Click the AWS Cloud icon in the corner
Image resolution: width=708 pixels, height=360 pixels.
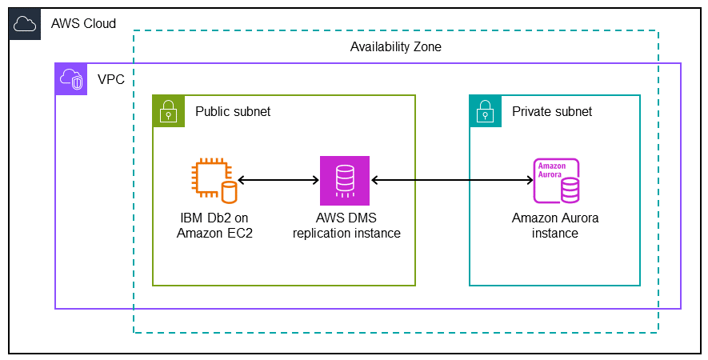(25, 24)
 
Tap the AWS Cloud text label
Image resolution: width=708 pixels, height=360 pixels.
(83, 24)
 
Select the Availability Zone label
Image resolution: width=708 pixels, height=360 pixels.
(395, 47)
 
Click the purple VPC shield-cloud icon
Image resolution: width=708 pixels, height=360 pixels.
(70, 79)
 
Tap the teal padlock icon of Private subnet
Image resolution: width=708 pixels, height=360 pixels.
(485, 111)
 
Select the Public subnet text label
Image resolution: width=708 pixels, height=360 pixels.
(233, 112)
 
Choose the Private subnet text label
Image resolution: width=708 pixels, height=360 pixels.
(552, 112)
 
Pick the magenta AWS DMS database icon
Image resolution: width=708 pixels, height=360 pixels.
(345, 181)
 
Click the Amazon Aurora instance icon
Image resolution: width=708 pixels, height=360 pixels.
(557, 181)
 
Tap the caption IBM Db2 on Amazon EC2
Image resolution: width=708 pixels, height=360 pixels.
(214, 226)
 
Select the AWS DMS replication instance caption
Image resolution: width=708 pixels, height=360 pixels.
(346, 226)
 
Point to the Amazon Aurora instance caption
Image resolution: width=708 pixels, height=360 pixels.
(555, 226)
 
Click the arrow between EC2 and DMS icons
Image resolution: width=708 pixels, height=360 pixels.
(278, 181)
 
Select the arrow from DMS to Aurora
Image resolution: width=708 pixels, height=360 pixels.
(452, 181)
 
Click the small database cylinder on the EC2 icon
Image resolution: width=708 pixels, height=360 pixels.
(230, 192)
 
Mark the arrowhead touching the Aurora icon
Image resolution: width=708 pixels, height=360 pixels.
(529, 181)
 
